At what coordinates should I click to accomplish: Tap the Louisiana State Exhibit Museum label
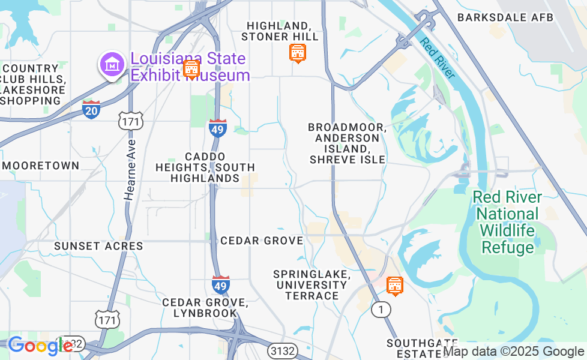point(190,67)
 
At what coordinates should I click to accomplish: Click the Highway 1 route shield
point(380,309)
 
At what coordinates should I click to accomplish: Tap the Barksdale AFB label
point(505,17)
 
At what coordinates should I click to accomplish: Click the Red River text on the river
point(438,58)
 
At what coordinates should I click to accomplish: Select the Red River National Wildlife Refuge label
point(507,222)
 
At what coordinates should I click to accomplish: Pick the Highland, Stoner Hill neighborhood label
point(280,31)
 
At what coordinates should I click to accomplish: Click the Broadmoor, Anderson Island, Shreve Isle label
point(347,143)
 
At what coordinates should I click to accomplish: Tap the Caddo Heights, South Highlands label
point(205,167)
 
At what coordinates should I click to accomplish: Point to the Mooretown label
point(41,166)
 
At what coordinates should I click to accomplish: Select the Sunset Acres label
point(98,246)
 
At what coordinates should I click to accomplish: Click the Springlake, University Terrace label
point(312,284)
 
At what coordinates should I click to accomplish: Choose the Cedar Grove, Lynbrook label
point(205,307)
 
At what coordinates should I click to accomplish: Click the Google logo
point(40,346)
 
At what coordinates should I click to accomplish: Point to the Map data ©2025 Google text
point(513,352)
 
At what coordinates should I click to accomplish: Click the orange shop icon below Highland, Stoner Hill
point(297,54)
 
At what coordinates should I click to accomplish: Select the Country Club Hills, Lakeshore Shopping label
point(34,84)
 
